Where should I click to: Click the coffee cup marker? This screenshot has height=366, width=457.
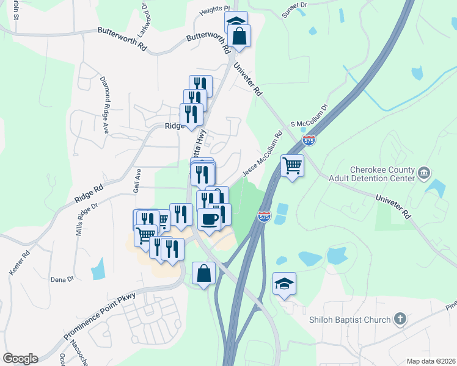[209, 219]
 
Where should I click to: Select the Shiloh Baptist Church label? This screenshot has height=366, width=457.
[349, 320]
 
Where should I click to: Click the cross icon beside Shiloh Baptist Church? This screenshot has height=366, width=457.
[400, 319]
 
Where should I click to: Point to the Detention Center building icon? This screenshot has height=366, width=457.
[423, 174]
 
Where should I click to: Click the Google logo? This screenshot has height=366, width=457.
[20, 359]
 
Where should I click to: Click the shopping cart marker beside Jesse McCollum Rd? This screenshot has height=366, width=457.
[293, 165]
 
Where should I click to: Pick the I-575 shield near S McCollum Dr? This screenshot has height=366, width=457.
[309, 140]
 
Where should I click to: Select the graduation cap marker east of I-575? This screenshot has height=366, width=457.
[284, 284]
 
